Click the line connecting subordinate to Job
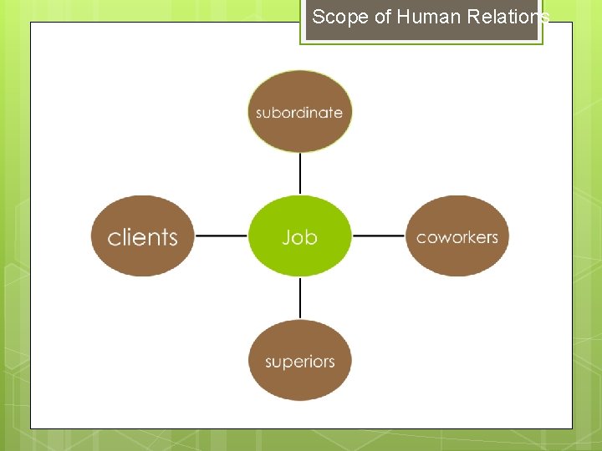(x=299, y=174)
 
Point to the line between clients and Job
(x=221, y=236)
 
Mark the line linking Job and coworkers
(x=378, y=236)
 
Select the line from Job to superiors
(x=299, y=298)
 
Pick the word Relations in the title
(x=510, y=17)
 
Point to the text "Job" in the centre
(x=299, y=237)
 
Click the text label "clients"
(x=143, y=237)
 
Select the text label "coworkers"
(x=457, y=237)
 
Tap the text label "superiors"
(x=299, y=362)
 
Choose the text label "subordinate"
(x=299, y=113)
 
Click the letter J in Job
(x=287, y=237)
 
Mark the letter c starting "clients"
(x=114, y=238)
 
